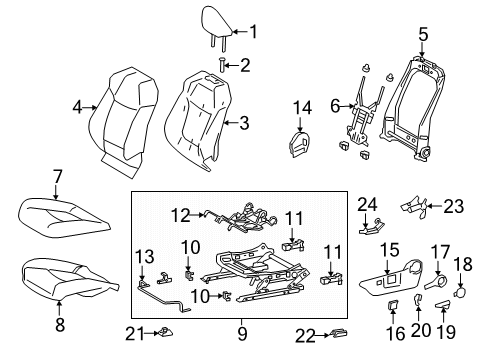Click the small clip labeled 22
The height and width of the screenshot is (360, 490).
(x=339, y=333)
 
